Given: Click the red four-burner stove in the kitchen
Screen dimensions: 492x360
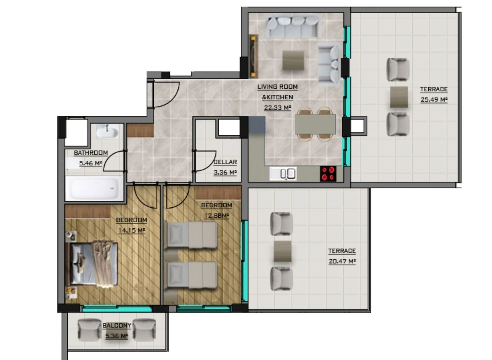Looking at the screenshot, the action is pos(328,174).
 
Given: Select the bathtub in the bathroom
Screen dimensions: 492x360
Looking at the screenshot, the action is pos(94,188).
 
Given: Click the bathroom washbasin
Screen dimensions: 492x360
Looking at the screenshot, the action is pos(107,132).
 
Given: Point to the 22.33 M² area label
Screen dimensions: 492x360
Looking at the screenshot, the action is pos(278,108).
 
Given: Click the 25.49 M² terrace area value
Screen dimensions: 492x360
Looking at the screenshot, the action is pos(434,100).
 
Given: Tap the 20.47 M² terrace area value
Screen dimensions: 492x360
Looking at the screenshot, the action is pos(342,261).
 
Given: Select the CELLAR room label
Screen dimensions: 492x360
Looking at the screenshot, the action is pos(225,162).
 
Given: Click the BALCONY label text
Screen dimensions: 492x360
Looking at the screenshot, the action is pos(117,326).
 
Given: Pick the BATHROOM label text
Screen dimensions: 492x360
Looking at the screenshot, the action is pos(91,153).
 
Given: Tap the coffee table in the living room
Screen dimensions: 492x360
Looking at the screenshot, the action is pos(293,61).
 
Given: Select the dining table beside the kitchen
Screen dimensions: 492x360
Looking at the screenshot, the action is pos(315,124).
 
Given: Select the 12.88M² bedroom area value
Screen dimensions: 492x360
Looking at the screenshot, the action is pos(216,216).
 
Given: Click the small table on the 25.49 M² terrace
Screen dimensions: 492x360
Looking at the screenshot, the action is pos(399,97).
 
